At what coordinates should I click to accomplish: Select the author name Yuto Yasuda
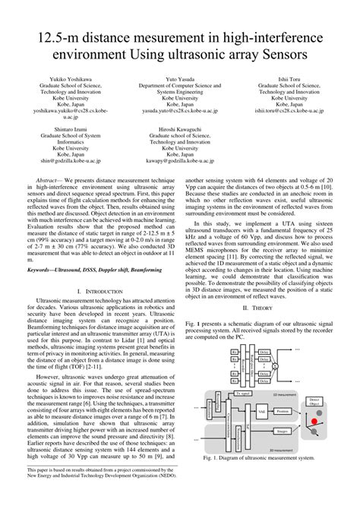coord(180,79)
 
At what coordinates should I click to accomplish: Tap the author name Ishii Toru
coord(289,79)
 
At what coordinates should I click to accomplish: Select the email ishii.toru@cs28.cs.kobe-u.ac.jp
coord(289,110)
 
